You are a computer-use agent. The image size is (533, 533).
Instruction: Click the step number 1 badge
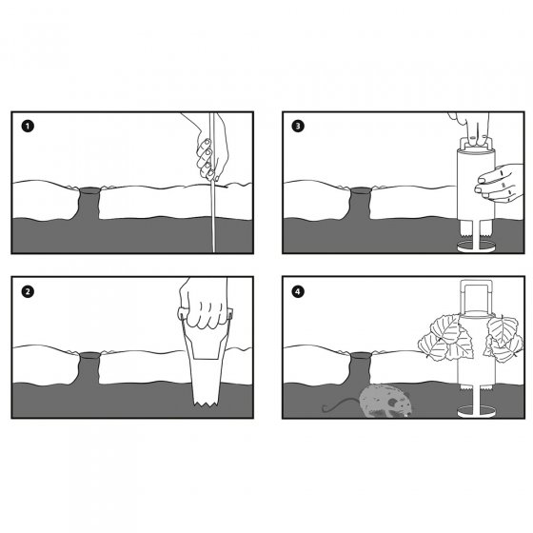click(x=28, y=127)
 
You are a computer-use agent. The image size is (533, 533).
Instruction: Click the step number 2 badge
click(x=28, y=291)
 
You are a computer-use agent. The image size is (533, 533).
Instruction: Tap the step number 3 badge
click(x=298, y=126)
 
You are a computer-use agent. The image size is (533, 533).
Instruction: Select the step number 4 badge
click(x=298, y=291)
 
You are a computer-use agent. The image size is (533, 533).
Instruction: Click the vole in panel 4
click(x=385, y=401)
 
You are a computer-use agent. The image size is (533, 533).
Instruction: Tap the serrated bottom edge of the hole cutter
click(x=206, y=404)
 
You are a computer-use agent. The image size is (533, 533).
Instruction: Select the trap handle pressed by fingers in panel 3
click(x=476, y=144)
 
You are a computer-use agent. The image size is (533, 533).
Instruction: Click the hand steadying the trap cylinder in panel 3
click(x=499, y=183)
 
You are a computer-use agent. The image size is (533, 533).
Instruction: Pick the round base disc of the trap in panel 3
click(x=477, y=247)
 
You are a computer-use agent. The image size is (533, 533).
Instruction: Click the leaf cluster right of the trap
click(x=503, y=338)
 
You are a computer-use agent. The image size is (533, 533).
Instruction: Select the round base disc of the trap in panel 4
click(x=476, y=411)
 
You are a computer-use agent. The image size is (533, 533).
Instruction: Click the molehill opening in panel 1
click(x=89, y=189)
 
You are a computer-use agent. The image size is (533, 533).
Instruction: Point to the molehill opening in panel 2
click(x=89, y=355)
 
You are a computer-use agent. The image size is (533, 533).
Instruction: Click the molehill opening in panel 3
click(x=361, y=189)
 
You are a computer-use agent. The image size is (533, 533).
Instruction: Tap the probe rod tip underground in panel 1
click(x=214, y=251)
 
